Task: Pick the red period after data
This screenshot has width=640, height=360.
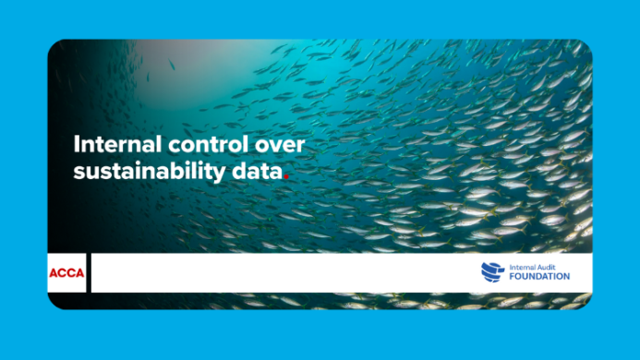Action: (286, 177)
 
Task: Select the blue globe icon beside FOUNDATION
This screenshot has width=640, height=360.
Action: (492, 271)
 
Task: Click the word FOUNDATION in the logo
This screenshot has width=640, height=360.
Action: (539, 277)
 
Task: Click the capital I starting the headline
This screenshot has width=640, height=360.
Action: (76, 145)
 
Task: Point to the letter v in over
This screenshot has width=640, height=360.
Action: (276, 147)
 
